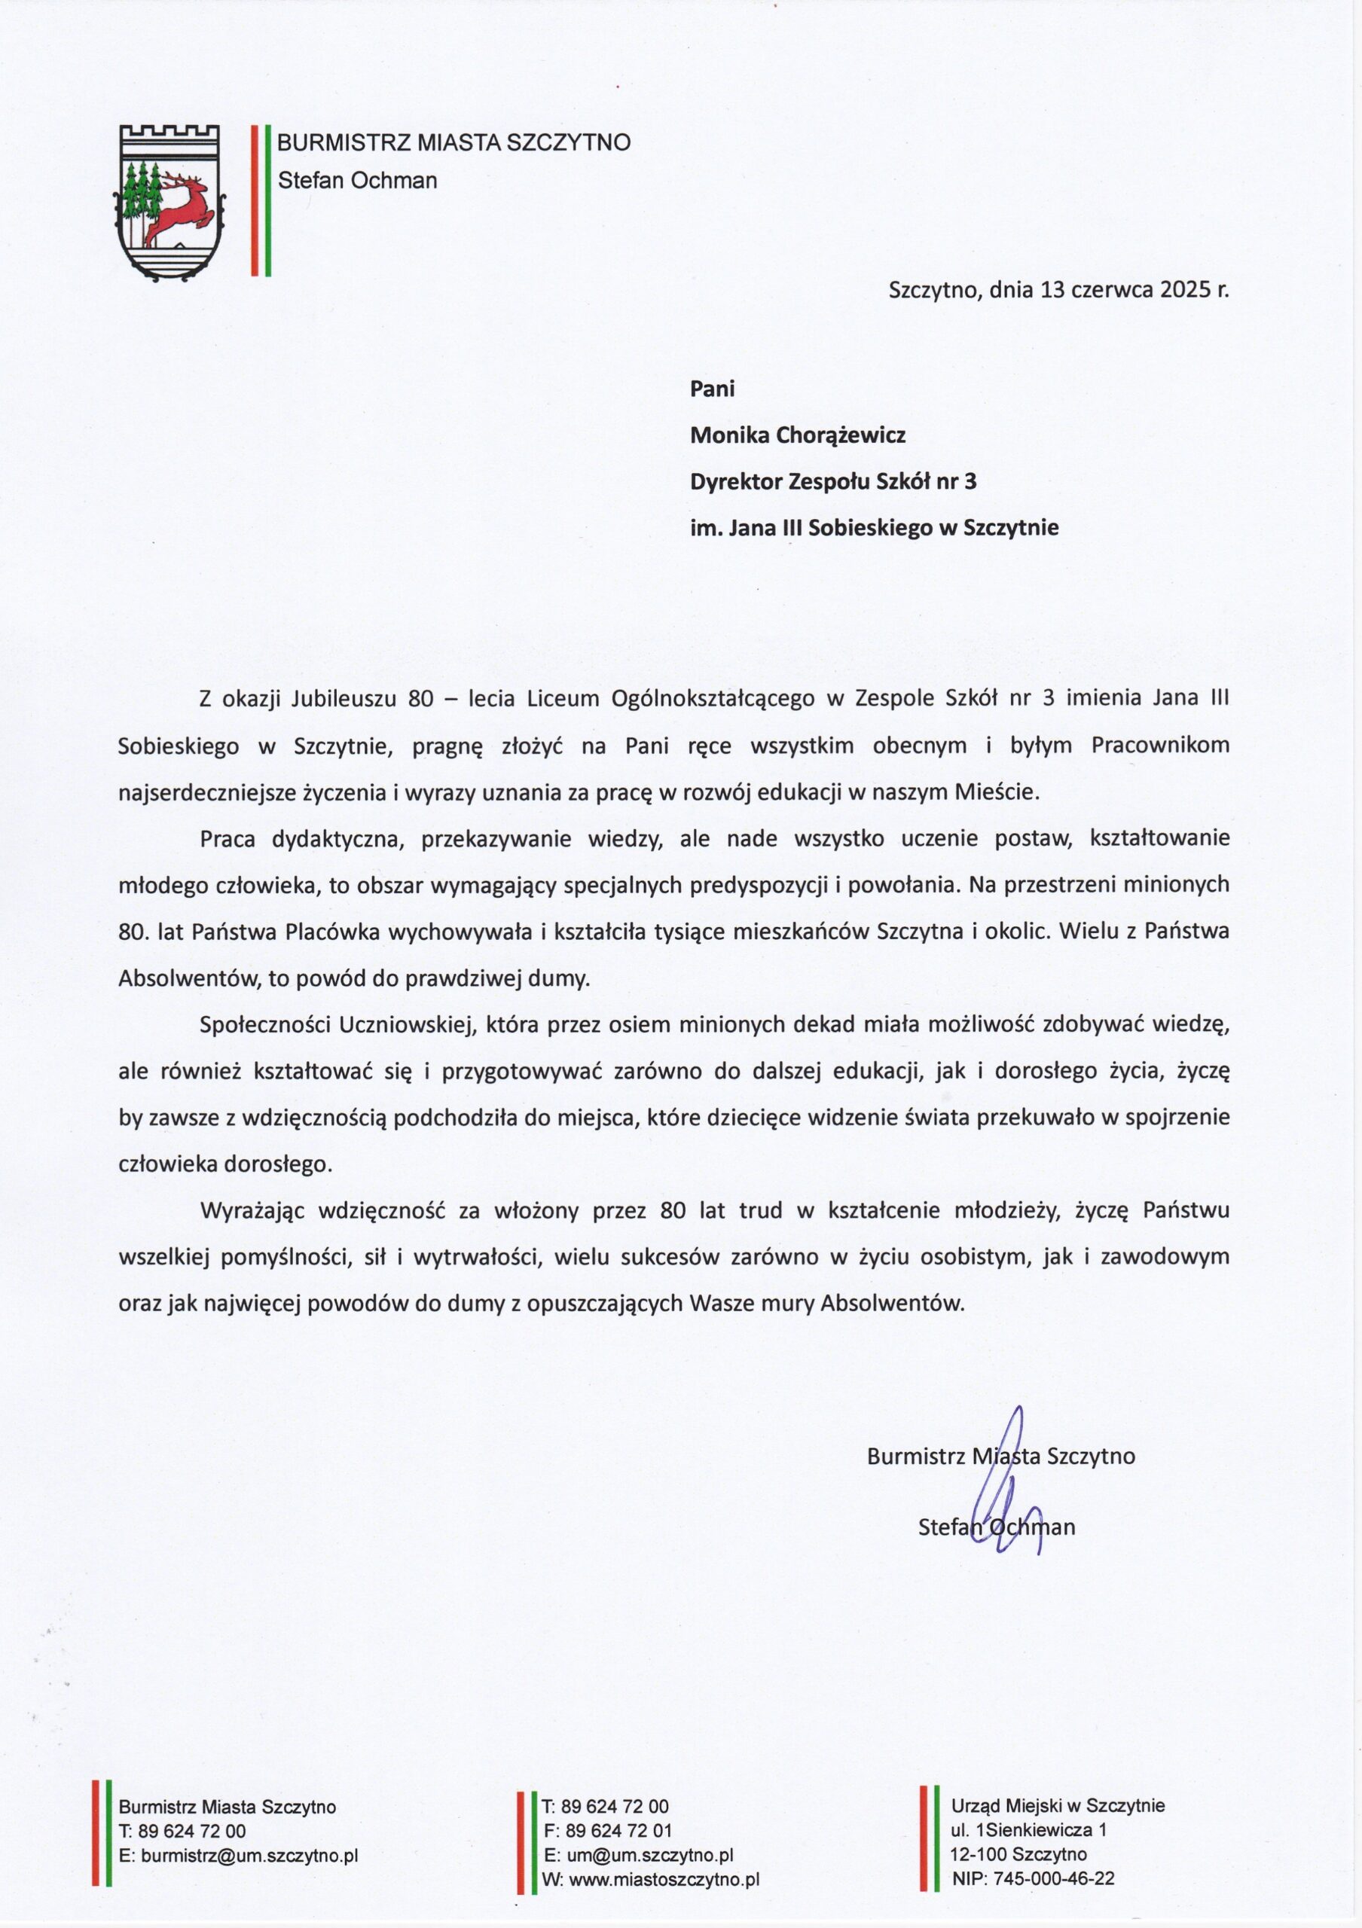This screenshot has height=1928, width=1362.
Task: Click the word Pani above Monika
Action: (712, 389)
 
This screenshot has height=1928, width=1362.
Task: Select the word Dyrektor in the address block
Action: (735, 482)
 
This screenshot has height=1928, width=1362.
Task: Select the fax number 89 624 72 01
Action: (619, 1832)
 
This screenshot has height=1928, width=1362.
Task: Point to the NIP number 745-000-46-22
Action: (1055, 1879)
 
